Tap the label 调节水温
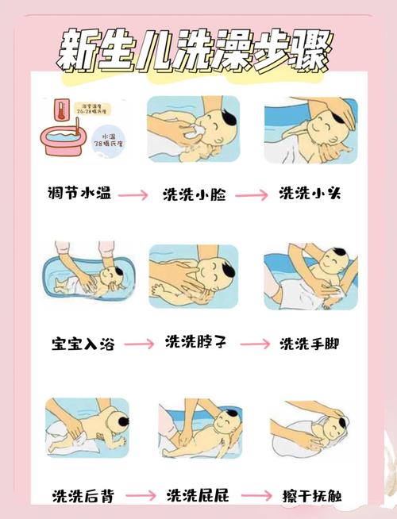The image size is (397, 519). [79, 193]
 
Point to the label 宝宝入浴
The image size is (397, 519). [79, 344]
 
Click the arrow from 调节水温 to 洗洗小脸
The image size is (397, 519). [134, 195]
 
